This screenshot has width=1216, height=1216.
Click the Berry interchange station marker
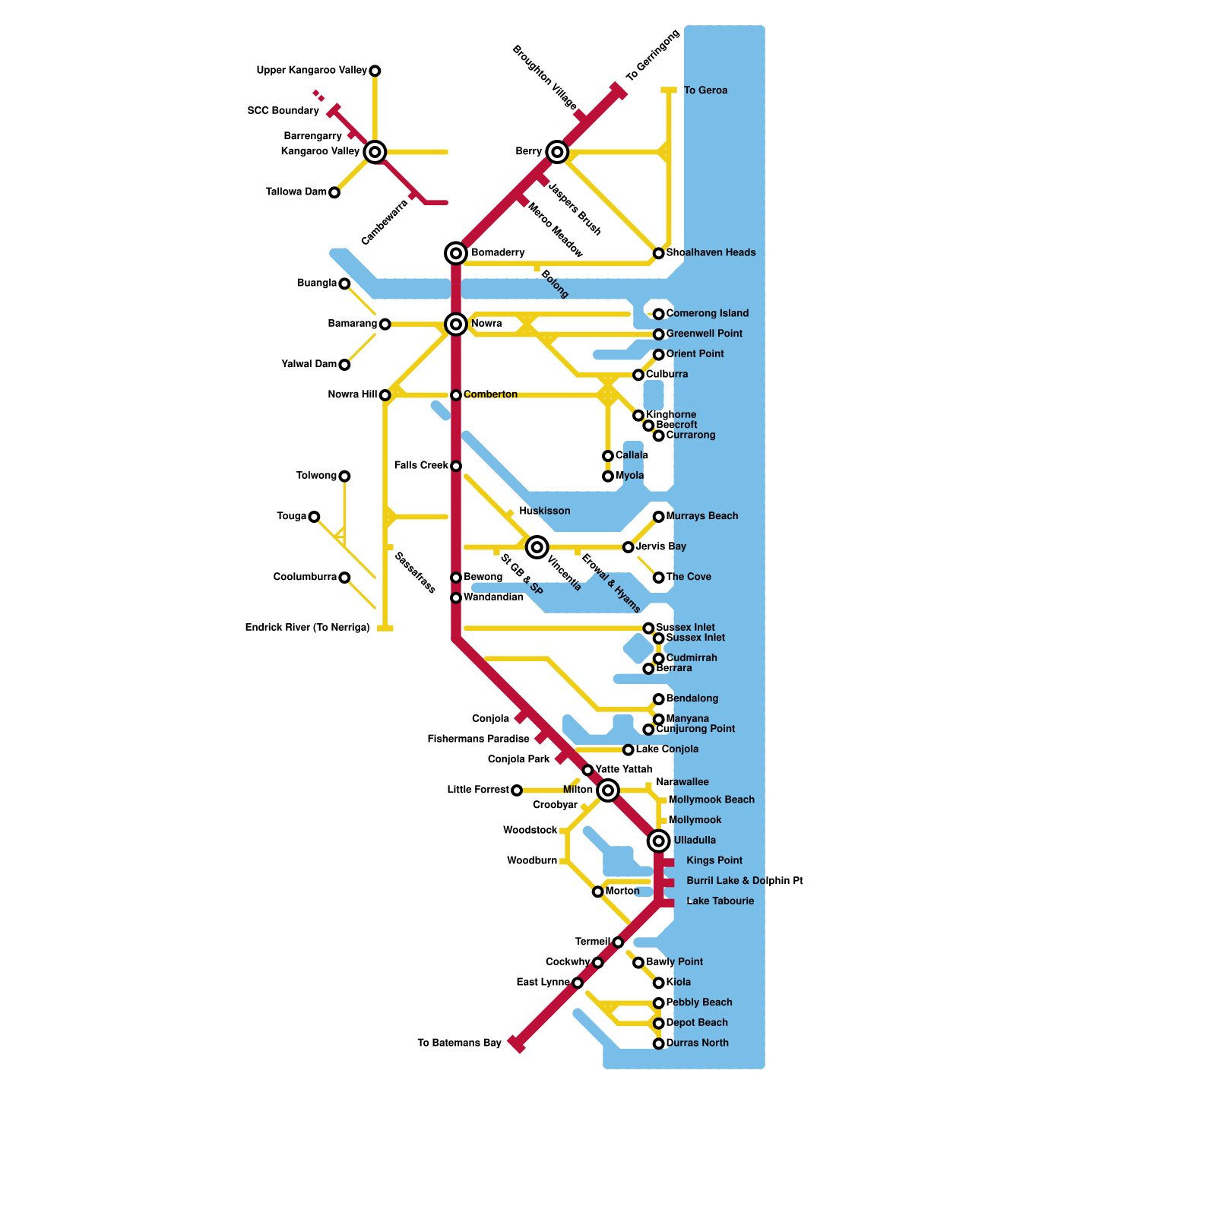click(557, 152)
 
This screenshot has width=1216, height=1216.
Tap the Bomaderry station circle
click(456, 253)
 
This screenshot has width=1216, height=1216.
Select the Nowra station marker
click(456, 325)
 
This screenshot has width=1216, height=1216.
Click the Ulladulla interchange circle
click(659, 841)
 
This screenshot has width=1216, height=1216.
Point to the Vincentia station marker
click(537, 546)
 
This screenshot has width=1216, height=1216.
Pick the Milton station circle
click(608, 790)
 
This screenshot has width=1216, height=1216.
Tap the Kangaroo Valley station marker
click(375, 152)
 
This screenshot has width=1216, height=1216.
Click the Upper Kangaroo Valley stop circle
click(375, 71)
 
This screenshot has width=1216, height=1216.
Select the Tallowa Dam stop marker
click(334, 192)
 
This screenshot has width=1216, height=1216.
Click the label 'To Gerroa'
click(705, 90)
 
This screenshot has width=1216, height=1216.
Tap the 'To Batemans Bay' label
click(459, 1043)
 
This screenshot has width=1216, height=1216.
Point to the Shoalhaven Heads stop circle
click(659, 253)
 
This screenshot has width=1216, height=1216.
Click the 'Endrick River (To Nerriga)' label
click(307, 628)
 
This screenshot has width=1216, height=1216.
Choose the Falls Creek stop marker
click(456, 466)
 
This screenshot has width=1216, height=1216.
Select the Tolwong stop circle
click(344, 477)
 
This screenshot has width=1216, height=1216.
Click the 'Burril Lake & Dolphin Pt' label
click(744, 881)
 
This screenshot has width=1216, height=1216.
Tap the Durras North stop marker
click(659, 1043)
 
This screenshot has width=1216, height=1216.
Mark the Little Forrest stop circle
click(517, 790)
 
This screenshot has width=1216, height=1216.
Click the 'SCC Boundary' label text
click(283, 111)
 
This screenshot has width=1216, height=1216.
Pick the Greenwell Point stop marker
click(659, 334)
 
